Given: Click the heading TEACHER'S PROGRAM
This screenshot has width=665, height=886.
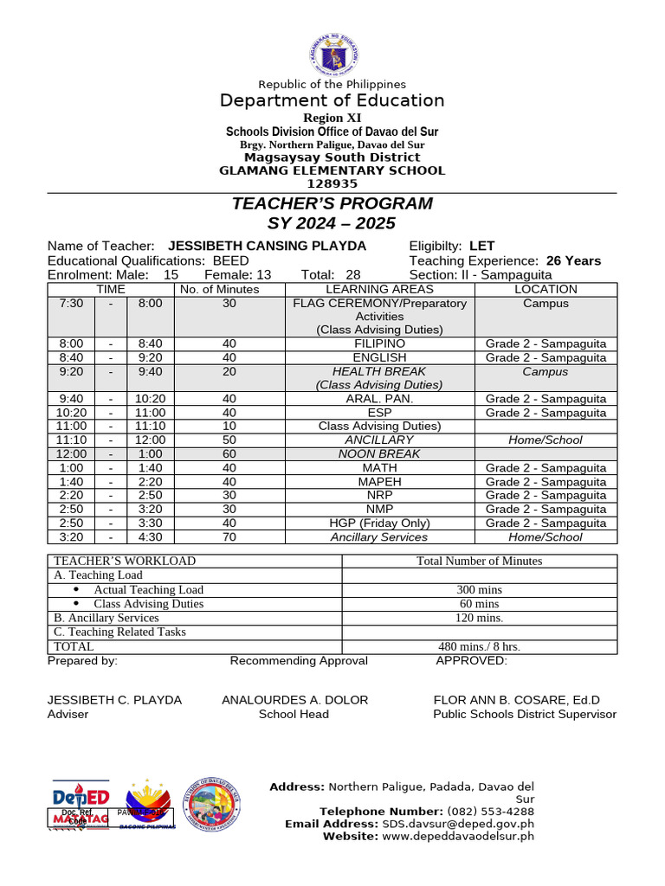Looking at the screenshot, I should (x=332, y=204).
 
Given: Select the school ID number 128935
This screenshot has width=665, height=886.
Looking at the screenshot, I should (x=332, y=183).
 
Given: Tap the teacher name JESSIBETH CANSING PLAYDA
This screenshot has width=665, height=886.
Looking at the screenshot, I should (x=267, y=247).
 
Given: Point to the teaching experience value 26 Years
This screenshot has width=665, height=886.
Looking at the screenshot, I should (x=573, y=260).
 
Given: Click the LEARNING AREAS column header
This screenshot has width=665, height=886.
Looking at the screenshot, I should (x=379, y=289).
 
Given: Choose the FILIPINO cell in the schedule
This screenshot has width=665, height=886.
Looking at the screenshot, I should (x=379, y=343).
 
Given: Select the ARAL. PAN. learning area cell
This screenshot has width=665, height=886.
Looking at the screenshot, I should (x=379, y=399).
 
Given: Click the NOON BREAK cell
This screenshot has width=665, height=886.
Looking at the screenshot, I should (x=379, y=453).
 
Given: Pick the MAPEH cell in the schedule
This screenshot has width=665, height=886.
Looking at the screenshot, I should (x=379, y=481).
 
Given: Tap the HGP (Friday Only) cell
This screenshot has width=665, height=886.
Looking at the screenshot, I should (x=379, y=523).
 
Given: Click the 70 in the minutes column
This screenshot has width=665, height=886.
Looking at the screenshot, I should (x=229, y=536).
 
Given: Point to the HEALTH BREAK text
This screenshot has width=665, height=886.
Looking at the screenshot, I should (x=379, y=371).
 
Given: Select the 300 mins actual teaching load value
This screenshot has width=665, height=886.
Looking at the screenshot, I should (x=479, y=590).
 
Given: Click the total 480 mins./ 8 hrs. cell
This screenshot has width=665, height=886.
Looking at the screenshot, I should (x=479, y=646).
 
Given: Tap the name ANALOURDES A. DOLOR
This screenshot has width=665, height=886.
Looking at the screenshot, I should (x=294, y=700).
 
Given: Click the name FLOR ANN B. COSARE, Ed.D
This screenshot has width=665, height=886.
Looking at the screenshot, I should (x=516, y=700).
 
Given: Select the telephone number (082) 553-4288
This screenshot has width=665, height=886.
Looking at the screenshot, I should (x=490, y=812).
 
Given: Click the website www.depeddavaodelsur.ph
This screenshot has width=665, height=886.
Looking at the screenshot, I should (x=458, y=836).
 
